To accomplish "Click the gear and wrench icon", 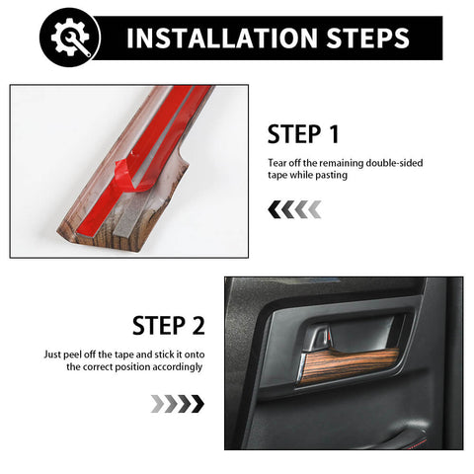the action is pos(70,38).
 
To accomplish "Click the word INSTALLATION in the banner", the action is pos(222,39).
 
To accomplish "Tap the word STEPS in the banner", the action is pos(367,39).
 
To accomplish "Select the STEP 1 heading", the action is pos(303,134).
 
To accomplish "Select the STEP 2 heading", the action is pos(169,325).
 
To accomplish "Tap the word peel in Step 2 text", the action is pos(72,355).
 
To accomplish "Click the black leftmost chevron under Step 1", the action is pos(275,209).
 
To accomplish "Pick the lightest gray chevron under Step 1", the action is pos(315,209).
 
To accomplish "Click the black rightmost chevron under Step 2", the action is pos(197,404).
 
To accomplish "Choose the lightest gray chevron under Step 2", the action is pos(157,404).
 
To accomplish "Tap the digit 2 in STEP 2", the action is pos(197,325).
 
